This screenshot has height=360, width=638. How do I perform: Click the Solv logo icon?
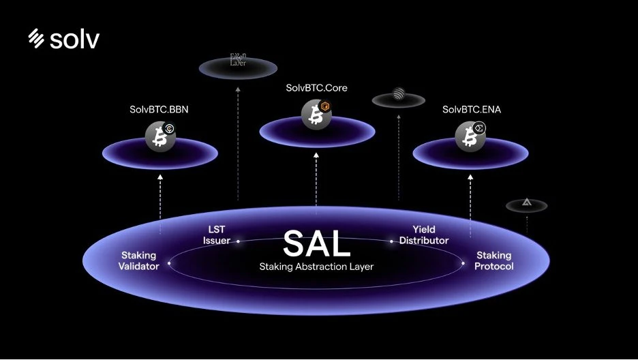click(x=37, y=39)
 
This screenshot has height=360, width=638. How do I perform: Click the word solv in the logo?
click(x=74, y=40)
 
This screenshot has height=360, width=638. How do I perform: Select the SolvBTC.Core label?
click(x=317, y=88)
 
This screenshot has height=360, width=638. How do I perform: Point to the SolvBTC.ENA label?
click(x=471, y=109)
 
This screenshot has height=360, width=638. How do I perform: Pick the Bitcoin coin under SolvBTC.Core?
click(x=316, y=114)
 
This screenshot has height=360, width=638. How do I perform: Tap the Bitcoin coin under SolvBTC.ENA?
click(x=470, y=136)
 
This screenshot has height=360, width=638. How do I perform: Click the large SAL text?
click(x=316, y=243)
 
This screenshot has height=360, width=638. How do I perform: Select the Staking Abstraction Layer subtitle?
click(x=316, y=267)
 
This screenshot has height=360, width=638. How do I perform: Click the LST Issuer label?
click(x=216, y=235)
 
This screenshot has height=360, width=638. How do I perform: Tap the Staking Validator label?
click(x=140, y=260)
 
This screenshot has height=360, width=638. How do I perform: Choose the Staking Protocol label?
click(x=494, y=260)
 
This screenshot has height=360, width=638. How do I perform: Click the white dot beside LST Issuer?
click(x=238, y=241)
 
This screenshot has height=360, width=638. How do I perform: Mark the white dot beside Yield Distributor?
click(x=392, y=241)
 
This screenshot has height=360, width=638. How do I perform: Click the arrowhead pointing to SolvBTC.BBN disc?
click(x=160, y=176)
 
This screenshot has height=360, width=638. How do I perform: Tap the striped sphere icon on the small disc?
click(x=398, y=94)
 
